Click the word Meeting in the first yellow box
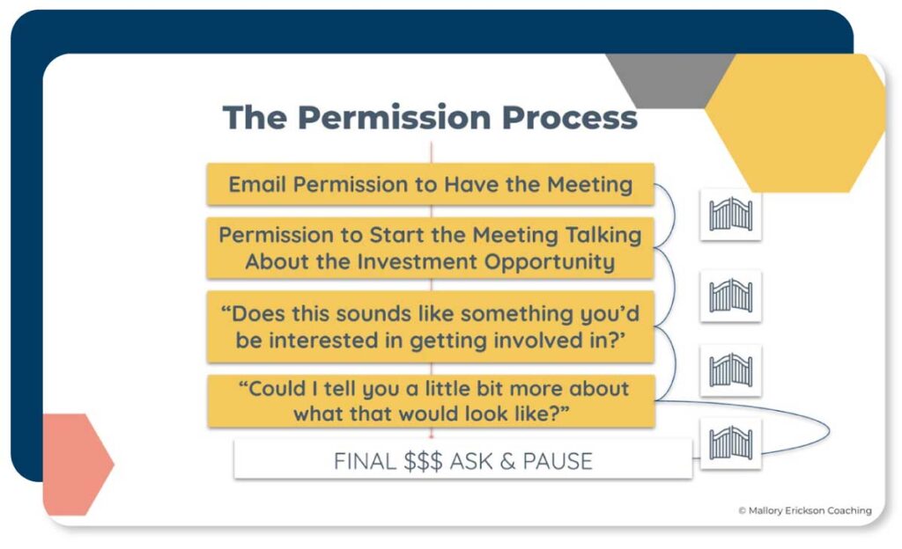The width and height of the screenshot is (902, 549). click(590, 185)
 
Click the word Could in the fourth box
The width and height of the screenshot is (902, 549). click(279, 389)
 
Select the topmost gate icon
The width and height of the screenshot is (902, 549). click(730, 215)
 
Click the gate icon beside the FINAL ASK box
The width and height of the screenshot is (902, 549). click(730, 443)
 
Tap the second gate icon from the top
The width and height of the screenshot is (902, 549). click(730, 296)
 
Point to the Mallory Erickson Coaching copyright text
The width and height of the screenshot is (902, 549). click(804, 510)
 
